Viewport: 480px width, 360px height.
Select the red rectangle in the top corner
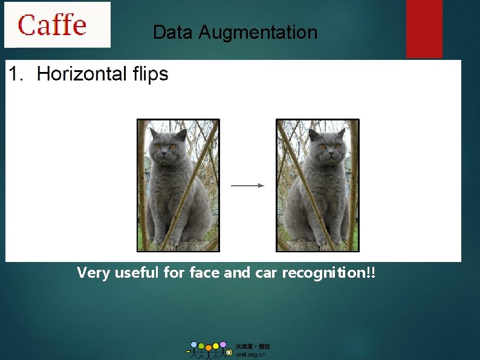(x=424, y=28)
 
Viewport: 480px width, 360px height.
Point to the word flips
(x=149, y=74)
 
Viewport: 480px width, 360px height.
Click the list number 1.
(x=17, y=74)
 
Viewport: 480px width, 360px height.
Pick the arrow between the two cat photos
(x=248, y=186)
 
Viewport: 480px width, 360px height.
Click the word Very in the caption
(x=94, y=273)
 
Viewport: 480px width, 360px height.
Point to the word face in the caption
(x=205, y=273)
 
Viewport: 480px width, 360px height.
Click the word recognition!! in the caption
(x=326, y=273)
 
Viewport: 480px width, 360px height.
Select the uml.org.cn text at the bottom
(x=251, y=355)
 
